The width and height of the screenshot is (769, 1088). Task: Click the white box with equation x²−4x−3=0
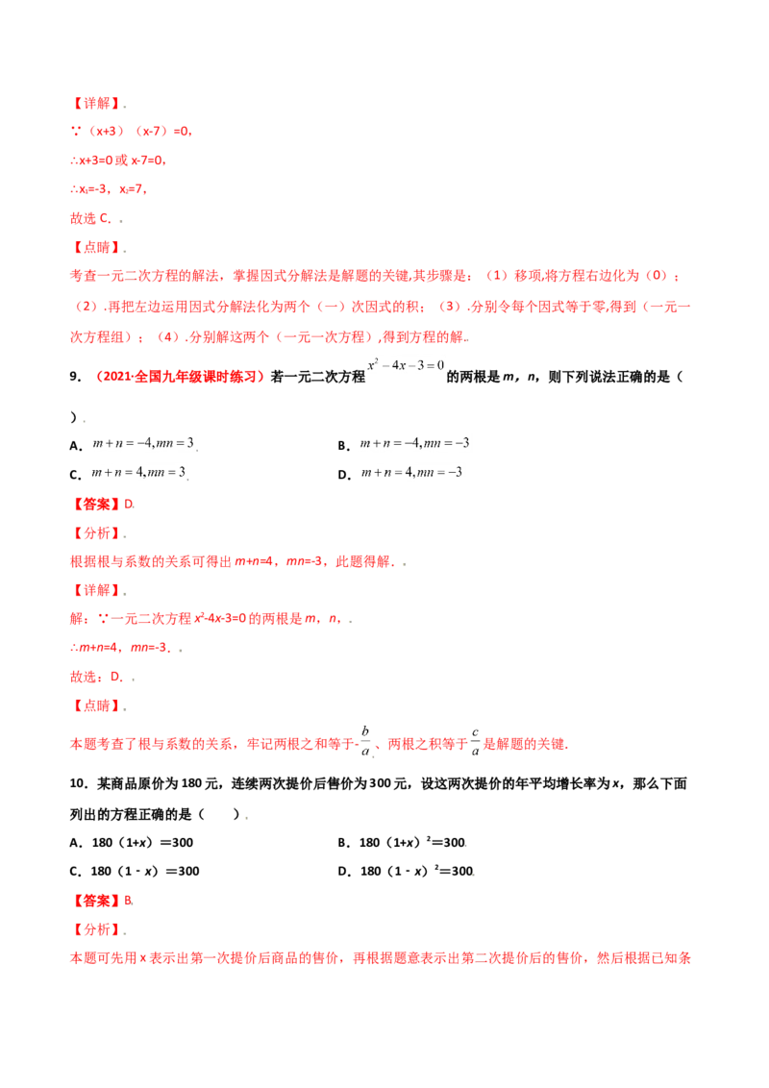point(407,363)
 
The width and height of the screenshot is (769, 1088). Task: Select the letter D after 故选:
point(116,679)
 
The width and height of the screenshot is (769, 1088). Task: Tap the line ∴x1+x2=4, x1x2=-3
point(121,649)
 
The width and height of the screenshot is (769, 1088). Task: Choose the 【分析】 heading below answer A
point(96,929)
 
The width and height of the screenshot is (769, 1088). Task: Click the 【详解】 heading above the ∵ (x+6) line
point(96,102)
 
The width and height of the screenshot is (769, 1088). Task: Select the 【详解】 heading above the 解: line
point(96,589)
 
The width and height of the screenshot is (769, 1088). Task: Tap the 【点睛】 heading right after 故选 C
point(96,247)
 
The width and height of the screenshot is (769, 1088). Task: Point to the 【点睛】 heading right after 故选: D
point(96,705)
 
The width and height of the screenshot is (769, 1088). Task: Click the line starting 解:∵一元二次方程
point(206,620)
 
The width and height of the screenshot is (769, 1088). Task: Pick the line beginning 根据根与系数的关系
point(231,561)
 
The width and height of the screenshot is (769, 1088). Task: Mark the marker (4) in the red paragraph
point(167,336)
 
